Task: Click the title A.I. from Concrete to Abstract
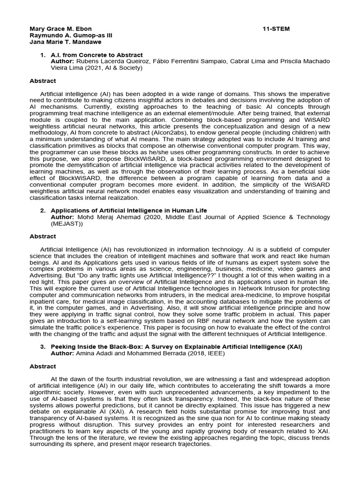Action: click(97, 55)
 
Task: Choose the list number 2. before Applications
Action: click(43, 210)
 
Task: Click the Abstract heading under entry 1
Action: click(43, 81)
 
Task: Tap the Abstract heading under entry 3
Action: click(43, 366)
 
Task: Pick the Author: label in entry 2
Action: click(62, 217)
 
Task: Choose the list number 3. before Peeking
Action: click(43, 346)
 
